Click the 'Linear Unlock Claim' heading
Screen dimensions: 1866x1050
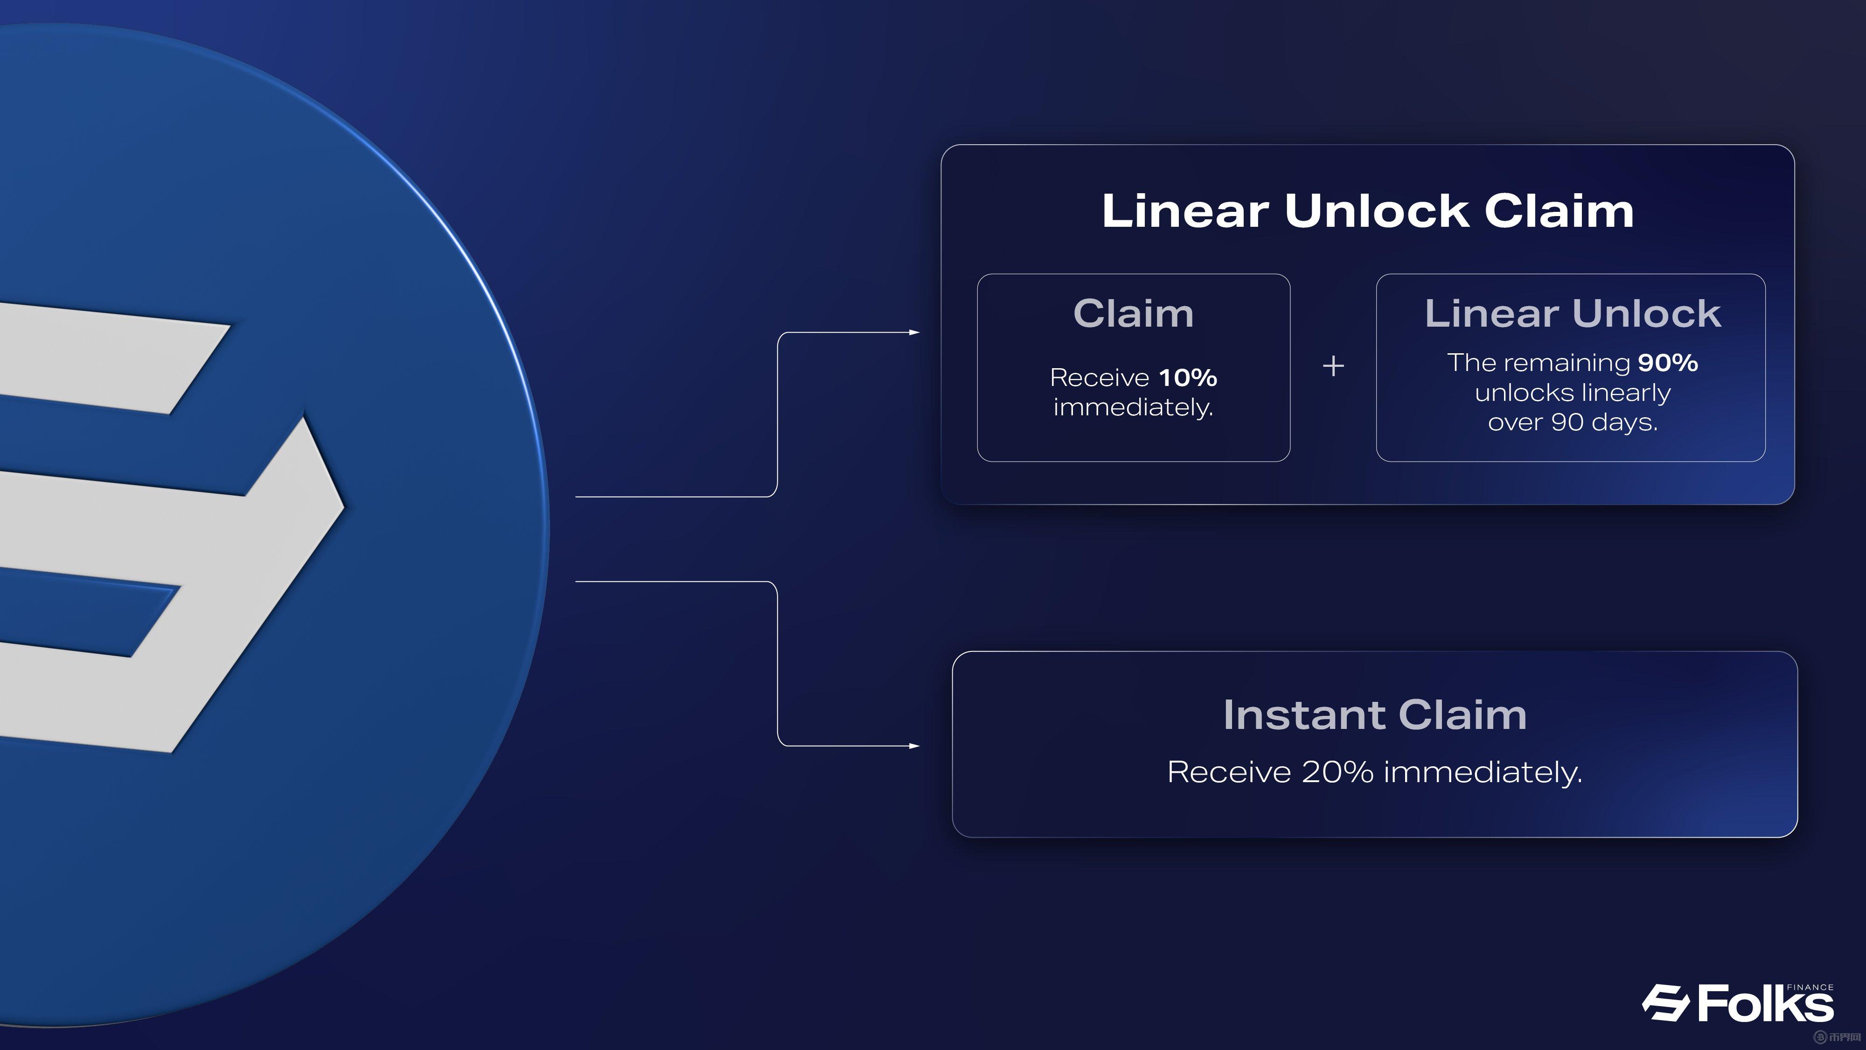pyautogui.click(x=1368, y=211)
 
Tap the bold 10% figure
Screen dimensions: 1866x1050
pyautogui.click(x=1188, y=378)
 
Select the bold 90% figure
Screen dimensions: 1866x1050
pyautogui.click(x=1668, y=362)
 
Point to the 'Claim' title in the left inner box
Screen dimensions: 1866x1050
pyautogui.click(x=1134, y=313)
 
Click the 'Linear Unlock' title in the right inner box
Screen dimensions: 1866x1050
pyautogui.click(x=1573, y=313)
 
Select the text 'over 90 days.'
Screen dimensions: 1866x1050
pyautogui.click(x=1573, y=422)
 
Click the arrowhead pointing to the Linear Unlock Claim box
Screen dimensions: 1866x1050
pyautogui.click(x=914, y=333)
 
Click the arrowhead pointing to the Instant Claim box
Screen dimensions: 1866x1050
pyautogui.click(x=914, y=746)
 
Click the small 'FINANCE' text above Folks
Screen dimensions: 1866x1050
pyautogui.click(x=1810, y=987)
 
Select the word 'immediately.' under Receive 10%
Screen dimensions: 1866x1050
pyautogui.click(x=1134, y=408)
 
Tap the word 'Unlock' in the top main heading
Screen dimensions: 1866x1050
pyautogui.click(x=1376, y=211)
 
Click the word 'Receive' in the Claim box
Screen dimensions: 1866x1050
pyautogui.click(x=1100, y=378)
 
